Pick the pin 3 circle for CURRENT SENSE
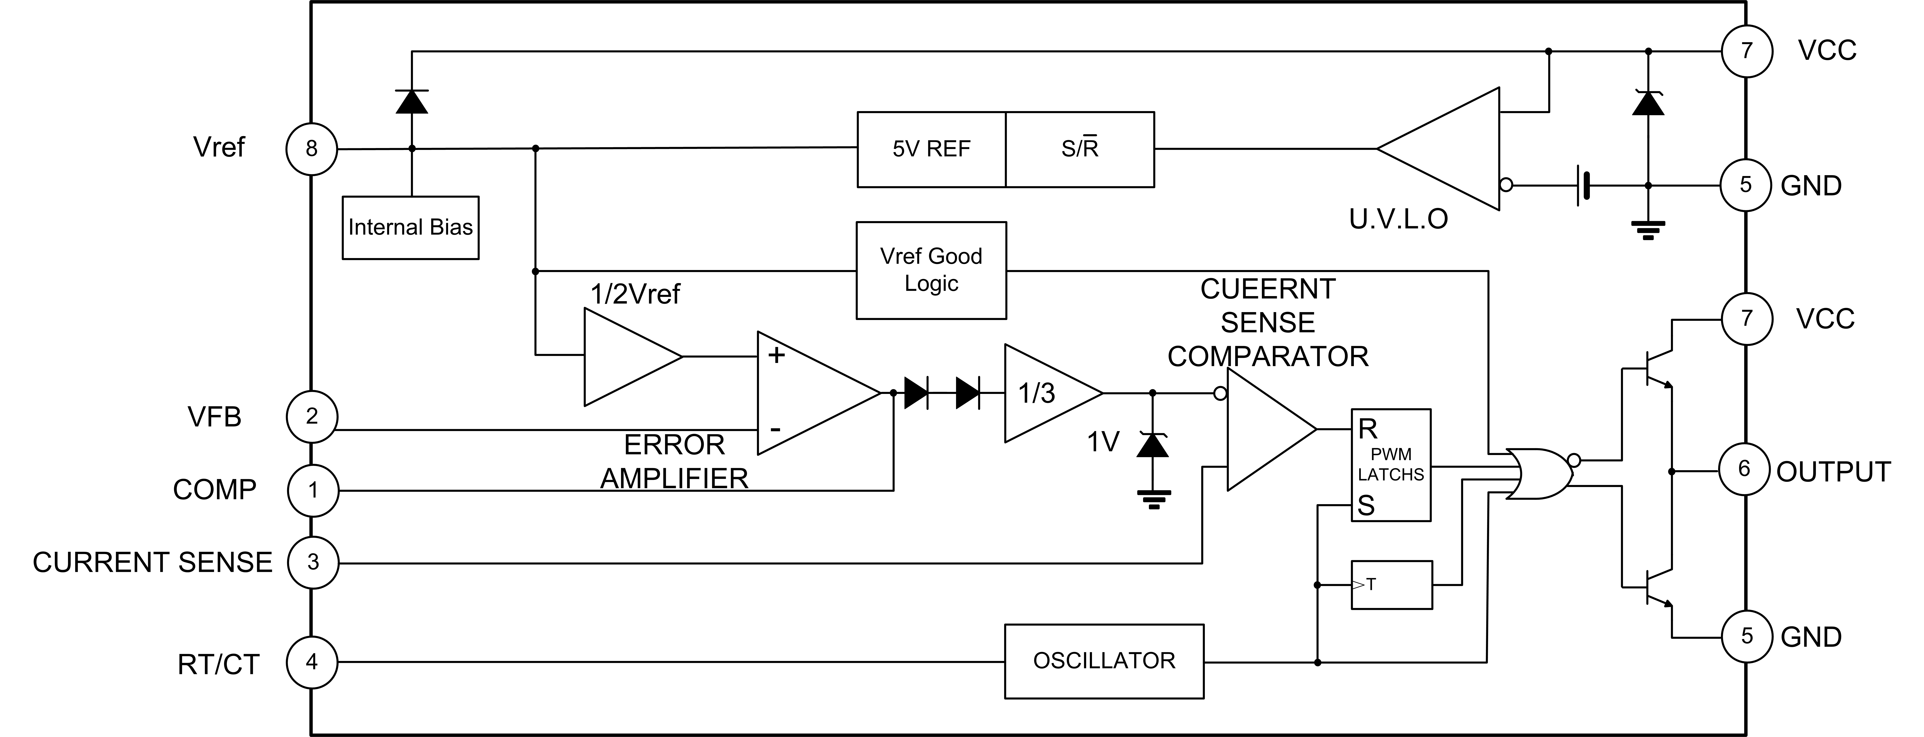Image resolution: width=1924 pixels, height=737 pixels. click(313, 562)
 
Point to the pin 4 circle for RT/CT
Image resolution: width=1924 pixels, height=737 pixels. click(312, 662)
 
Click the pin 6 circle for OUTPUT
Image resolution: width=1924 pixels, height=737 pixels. click(1745, 469)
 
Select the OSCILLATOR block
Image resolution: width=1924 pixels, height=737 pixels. click(1104, 661)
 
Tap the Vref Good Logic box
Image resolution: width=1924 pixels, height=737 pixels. click(931, 270)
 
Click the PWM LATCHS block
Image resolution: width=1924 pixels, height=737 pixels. click(1391, 464)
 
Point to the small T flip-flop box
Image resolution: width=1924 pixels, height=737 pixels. click(1391, 585)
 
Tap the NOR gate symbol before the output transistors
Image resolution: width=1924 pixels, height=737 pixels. click(1539, 473)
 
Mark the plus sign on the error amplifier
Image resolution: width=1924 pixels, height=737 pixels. click(777, 355)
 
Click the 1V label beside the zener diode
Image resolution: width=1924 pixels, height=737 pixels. click(1103, 442)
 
